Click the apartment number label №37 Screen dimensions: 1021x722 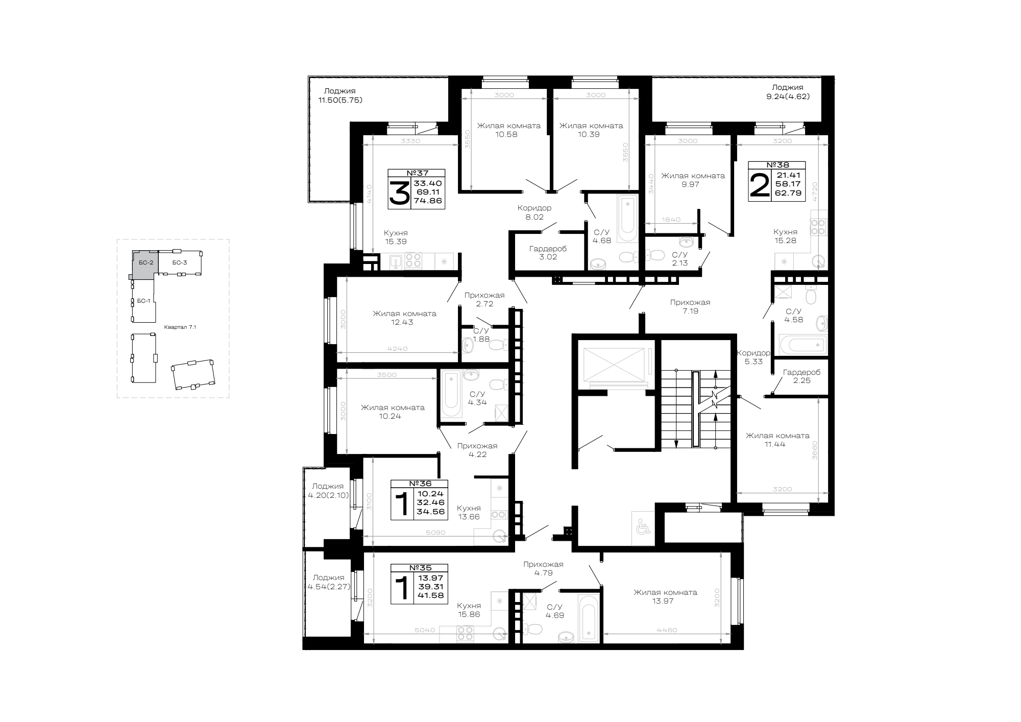[416, 173]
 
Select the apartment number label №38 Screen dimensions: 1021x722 [776, 165]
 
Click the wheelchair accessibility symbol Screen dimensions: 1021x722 [642, 524]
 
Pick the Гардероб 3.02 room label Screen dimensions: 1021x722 [548, 253]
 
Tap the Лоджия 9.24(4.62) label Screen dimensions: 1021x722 [788, 91]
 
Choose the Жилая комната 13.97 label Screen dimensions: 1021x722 [665, 597]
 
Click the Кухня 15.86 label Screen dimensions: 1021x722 [469, 610]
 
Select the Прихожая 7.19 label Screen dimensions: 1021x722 [690, 306]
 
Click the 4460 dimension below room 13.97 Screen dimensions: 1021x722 [667, 630]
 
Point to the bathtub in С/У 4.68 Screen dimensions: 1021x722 [627, 221]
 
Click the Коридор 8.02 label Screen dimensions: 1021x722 [534, 212]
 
